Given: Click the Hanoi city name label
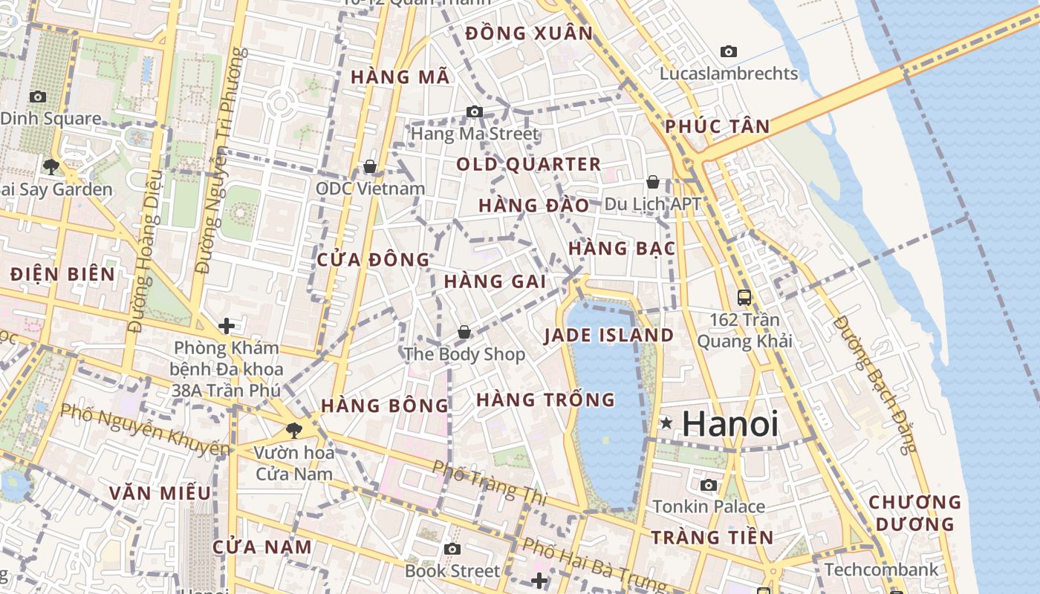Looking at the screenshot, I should point(730,424).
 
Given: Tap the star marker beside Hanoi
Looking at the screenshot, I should point(666,423).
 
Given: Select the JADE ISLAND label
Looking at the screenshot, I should point(609,335).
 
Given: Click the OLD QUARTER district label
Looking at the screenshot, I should point(528,164).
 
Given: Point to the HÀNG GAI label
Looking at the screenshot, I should point(495,281).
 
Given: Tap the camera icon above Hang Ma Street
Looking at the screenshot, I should point(475,112).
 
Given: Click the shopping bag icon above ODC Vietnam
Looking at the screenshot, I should point(370,166).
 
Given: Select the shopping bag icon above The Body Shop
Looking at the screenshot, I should point(464,332).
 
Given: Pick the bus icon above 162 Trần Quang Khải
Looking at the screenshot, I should point(744,298).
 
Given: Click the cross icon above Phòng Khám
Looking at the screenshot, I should point(227,325).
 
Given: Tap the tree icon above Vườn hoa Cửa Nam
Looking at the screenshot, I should point(294,429).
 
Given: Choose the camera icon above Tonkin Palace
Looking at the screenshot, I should point(709,485).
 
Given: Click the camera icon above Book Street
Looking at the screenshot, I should point(452,549).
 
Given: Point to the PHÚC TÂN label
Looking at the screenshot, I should point(718,126).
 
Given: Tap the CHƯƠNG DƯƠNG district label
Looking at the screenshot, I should point(914,513).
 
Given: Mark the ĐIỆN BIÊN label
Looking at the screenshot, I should point(63,274).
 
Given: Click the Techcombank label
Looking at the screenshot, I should point(882,569).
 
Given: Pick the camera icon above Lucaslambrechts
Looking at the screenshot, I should point(729,51).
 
